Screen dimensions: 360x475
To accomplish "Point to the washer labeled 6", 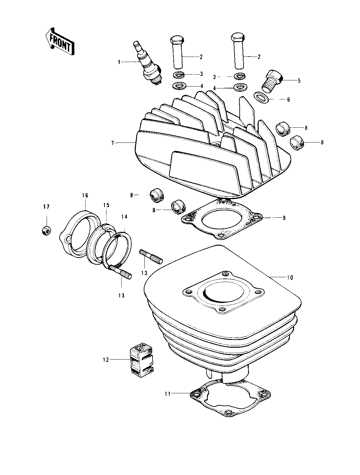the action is [263, 97].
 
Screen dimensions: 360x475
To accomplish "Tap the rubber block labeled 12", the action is [141, 360].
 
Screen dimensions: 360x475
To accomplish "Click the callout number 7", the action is [112, 143].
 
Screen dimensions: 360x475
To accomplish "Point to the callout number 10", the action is [290, 278].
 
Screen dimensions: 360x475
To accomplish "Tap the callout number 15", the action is [106, 205].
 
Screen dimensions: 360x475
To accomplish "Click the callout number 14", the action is [124, 217].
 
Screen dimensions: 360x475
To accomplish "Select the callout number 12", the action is [106, 360].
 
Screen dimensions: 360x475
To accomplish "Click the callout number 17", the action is [46, 207].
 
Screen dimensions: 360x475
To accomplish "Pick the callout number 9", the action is [284, 218].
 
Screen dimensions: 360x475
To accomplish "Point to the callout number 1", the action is [119, 62].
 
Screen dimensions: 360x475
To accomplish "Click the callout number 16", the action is [85, 196].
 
